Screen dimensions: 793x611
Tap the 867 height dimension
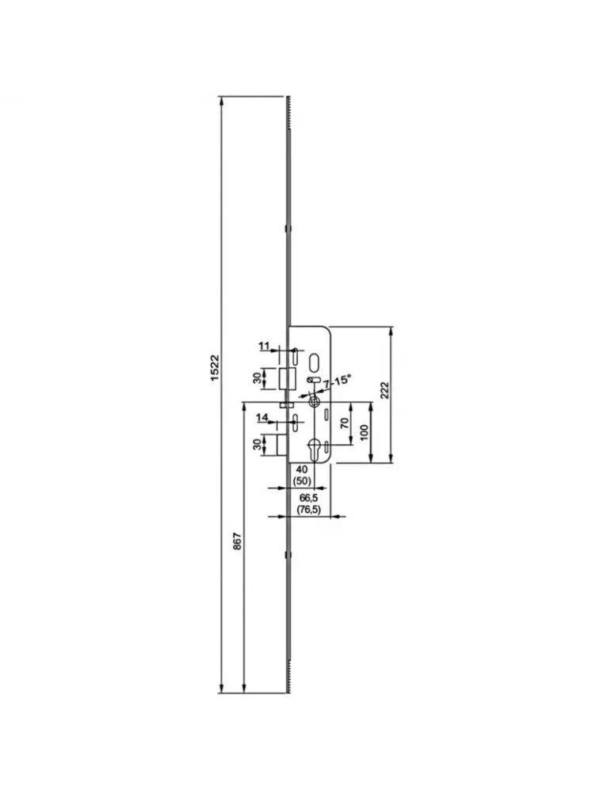(237, 542)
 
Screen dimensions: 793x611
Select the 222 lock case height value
(384, 389)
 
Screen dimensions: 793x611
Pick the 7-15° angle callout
(336, 381)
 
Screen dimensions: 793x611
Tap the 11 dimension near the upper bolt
(265, 346)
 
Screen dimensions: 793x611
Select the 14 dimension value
(262, 417)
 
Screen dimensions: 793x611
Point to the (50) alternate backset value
(301, 481)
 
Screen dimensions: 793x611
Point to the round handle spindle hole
(315, 401)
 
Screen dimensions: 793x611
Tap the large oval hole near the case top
(315, 362)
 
